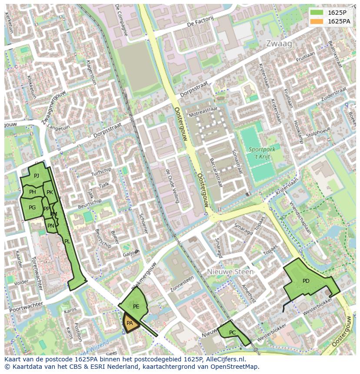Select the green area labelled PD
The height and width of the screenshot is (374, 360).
tap(306, 281)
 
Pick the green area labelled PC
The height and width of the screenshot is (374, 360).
tap(233, 332)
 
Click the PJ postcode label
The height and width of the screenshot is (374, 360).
tap(37, 175)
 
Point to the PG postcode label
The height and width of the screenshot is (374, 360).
tap(32, 208)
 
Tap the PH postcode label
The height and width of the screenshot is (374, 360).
tap(33, 192)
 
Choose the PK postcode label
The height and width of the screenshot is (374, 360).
tap(50, 192)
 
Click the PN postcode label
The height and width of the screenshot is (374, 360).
tap(51, 225)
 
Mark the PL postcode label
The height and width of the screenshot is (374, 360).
tap(67, 242)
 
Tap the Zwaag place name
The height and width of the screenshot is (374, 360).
tap(279, 44)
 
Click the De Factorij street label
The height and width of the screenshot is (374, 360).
tap(200, 21)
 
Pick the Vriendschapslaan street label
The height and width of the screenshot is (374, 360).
tap(298, 217)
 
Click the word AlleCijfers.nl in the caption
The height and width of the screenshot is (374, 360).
tap(224, 359)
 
